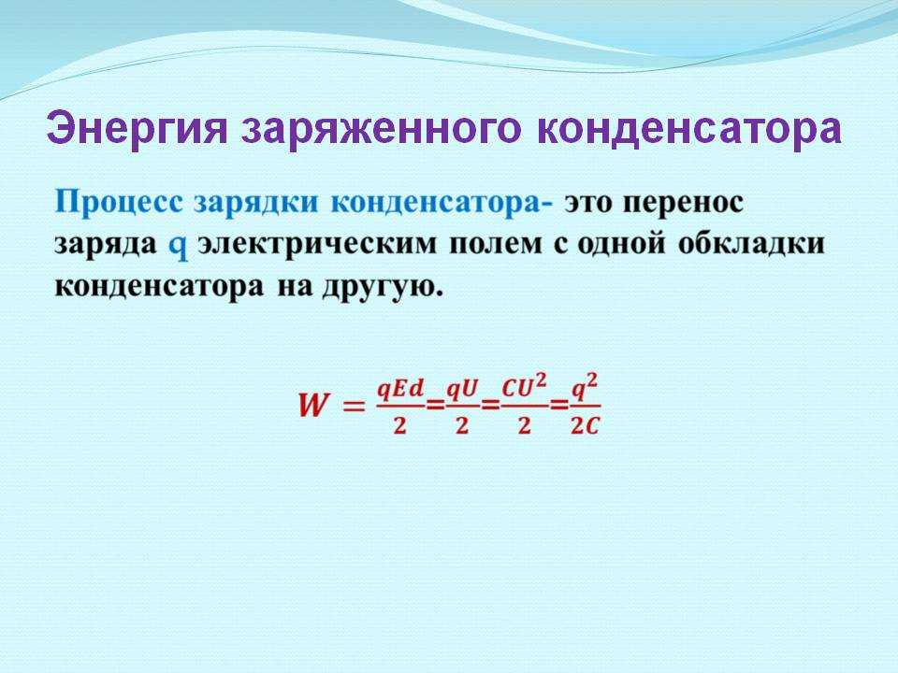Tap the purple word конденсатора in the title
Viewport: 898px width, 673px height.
click(x=689, y=129)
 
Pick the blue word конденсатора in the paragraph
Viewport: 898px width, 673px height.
click(x=442, y=203)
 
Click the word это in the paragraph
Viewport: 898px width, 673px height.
click(x=590, y=203)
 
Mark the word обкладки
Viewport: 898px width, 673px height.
click(x=751, y=244)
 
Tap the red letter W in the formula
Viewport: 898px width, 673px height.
click(x=314, y=406)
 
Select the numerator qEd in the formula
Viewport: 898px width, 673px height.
click(x=399, y=391)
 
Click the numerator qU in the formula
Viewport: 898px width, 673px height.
click(x=461, y=391)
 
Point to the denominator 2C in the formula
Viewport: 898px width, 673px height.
click(x=584, y=426)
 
